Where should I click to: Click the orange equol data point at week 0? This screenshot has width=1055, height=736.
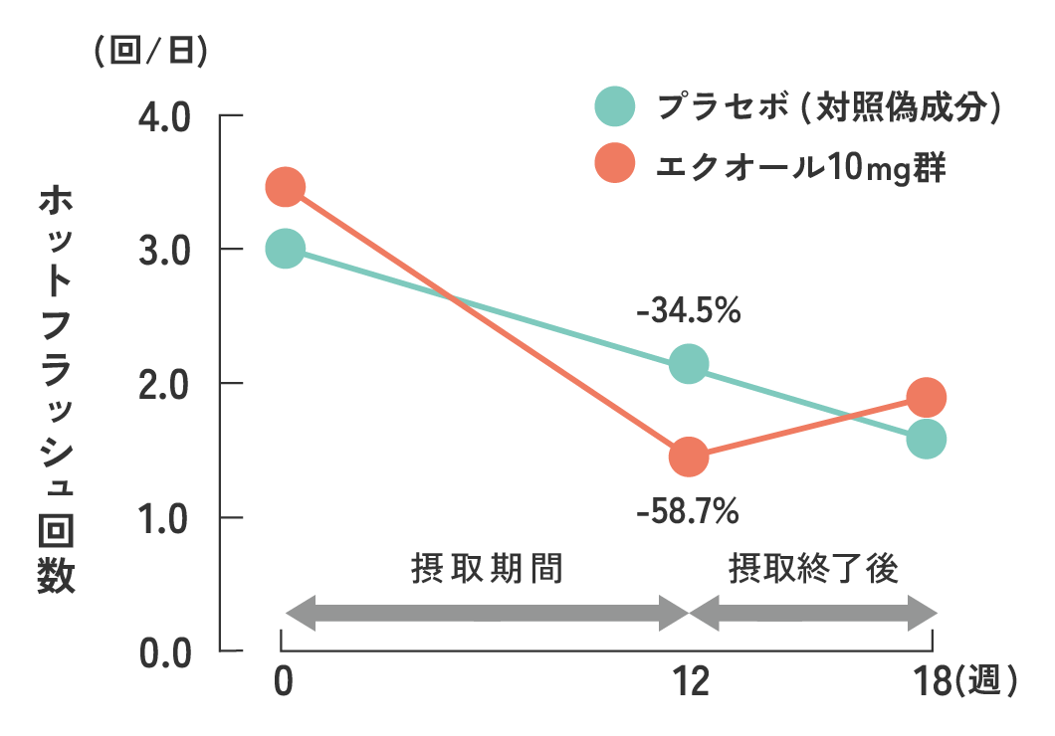click(285, 187)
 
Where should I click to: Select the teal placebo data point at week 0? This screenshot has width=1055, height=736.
click(285, 249)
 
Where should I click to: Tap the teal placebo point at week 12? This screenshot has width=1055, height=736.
click(689, 365)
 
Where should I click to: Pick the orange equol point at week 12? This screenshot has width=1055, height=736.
click(689, 457)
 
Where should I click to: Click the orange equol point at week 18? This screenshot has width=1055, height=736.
click(926, 398)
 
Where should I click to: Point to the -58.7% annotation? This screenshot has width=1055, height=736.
click(688, 512)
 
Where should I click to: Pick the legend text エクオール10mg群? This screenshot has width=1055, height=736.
click(800, 165)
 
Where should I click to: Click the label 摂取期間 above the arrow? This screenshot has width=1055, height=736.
click(487, 569)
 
